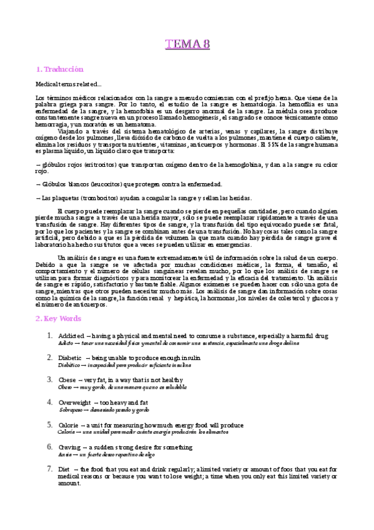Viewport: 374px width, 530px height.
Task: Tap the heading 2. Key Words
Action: (x=58, y=318)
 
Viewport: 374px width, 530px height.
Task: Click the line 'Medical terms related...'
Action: (x=66, y=84)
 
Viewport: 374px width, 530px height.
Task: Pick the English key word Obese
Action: (x=66, y=379)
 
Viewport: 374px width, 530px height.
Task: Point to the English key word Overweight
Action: (x=74, y=402)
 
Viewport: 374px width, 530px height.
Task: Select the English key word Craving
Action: (x=69, y=447)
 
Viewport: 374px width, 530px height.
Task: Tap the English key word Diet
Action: (x=64, y=469)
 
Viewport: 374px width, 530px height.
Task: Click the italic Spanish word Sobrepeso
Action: (x=71, y=410)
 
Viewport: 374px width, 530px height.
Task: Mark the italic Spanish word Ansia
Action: (x=64, y=455)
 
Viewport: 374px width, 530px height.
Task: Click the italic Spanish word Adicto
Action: (x=66, y=344)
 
